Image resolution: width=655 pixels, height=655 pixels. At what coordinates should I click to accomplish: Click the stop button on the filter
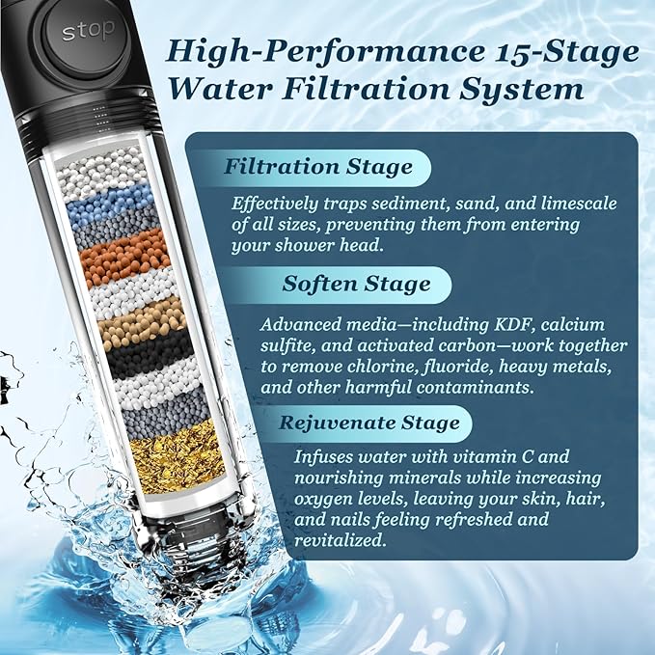point(88,31)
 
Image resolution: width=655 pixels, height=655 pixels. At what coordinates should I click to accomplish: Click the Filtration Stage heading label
point(317,166)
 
